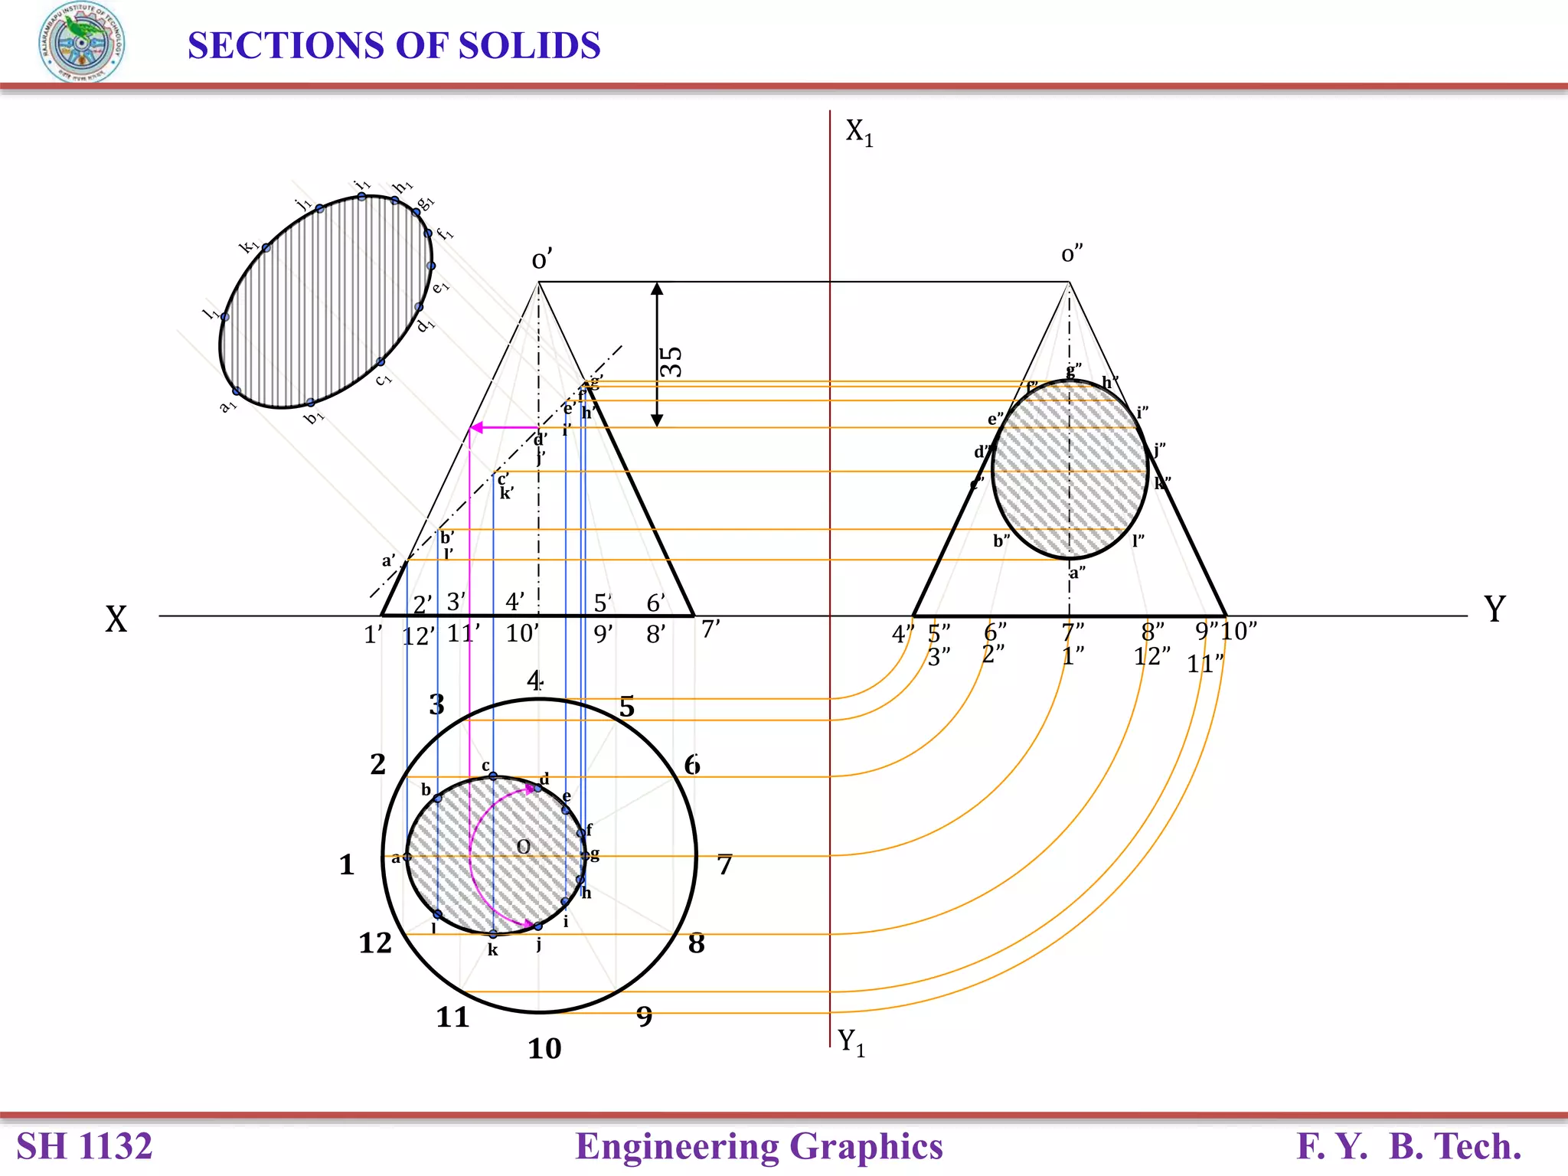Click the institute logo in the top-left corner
(81, 43)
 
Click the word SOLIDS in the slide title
(529, 46)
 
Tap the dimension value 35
(671, 361)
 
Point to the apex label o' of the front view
(541, 260)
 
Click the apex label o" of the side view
(1072, 254)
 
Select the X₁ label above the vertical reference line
(859, 132)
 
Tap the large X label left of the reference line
(116, 619)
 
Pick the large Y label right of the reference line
(1494, 609)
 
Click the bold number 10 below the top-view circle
(544, 1049)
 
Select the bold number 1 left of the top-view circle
(347, 865)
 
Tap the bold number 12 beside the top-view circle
(375, 943)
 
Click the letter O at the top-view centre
(524, 847)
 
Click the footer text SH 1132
(84, 1146)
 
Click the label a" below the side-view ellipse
(1077, 573)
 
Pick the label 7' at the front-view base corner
(710, 629)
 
